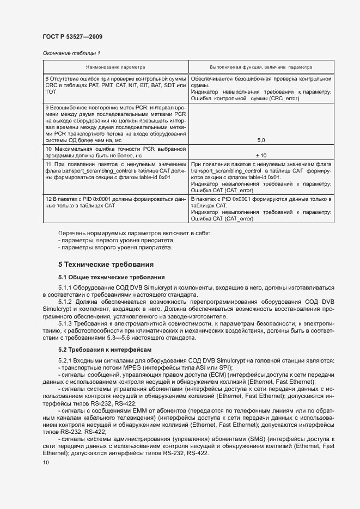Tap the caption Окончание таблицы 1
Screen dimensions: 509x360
coord(71,53)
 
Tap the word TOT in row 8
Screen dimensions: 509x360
coord(50,92)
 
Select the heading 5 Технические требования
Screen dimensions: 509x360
coord(106,265)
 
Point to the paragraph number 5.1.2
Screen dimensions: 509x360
coord(66,301)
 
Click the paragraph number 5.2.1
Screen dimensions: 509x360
coord(66,361)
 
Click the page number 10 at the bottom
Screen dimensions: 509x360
coord(46,463)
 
